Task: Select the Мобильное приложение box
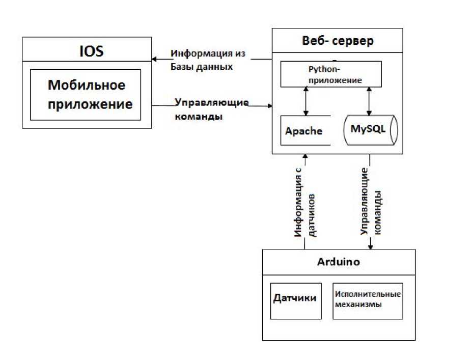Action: point(85,95)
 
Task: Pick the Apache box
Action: point(304,131)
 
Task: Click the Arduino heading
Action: point(339,262)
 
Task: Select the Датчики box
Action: point(295,300)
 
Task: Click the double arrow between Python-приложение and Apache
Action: point(306,101)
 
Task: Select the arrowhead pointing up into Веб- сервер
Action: point(305,158)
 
